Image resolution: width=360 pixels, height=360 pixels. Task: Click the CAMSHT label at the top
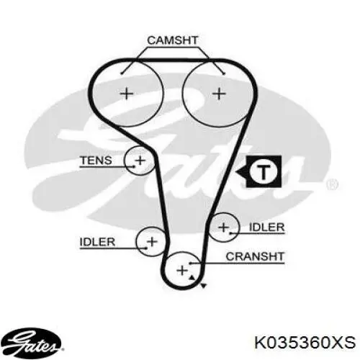pos(173,40)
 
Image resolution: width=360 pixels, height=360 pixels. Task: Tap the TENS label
pos(96,160)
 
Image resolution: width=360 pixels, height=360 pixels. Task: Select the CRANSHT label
pos(255,256)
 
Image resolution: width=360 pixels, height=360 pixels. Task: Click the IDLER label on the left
pos(97,242)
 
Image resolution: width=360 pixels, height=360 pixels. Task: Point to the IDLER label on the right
pos(267,227)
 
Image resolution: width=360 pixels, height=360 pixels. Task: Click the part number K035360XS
pos(305,342)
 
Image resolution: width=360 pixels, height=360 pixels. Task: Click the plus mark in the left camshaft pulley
pos(127,94)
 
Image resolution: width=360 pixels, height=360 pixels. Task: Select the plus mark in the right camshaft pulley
pos(219,94)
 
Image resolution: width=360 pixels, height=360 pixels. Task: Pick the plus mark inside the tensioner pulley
pos(140,161)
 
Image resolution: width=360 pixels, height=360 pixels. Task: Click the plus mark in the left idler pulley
pos(152,241)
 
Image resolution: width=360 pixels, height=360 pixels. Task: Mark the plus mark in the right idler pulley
pos(223,228)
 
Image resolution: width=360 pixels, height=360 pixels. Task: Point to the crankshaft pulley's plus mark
pos(182,271)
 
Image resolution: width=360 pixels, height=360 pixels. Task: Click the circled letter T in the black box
pos(264,171)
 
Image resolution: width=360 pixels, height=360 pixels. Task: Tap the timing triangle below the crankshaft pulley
pos(203,286)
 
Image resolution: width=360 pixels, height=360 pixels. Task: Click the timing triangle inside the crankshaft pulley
pos(192,278)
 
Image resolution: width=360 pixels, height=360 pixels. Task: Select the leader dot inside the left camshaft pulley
pos(122,73)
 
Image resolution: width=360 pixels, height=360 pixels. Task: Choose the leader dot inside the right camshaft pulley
pos(224,73)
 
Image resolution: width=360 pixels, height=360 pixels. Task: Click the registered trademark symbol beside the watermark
pos(333,184)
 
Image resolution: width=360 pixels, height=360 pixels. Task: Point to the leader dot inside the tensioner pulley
pos(133,166)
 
